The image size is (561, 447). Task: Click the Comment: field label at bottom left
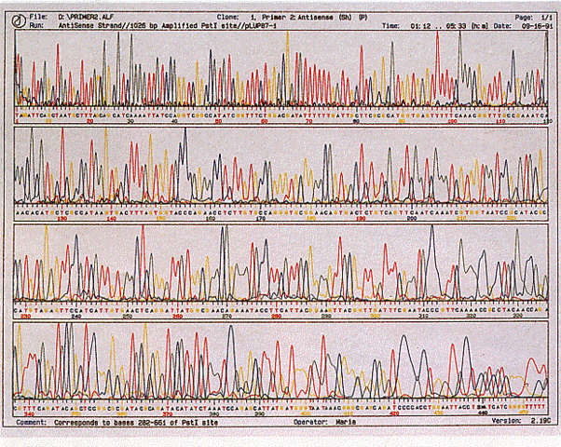[x=33, y=422]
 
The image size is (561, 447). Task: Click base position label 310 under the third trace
[x=425, y=316]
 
